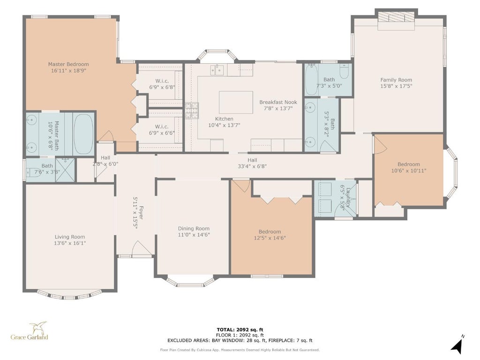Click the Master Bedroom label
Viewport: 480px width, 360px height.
(x=68, y=64)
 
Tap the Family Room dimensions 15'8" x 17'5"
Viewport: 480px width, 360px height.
(x=396, y=86)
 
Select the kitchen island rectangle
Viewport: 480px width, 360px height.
(x=236, y=102)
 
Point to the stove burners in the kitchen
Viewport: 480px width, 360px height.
(x=191, y=111)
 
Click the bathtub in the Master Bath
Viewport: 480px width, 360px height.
(x=84, y=134)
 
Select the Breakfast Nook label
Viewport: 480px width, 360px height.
(x=278, y=102)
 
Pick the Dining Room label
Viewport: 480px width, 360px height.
(x=194, y=228)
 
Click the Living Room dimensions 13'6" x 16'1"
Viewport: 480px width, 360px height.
(x=70, y=243)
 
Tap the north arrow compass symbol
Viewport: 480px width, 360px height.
(x=457, y=344)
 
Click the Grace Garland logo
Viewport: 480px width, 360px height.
(x=30, y=331)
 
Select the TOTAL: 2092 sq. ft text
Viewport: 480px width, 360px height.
(x=240, y=330)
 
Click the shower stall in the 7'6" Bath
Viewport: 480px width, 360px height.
(x=65, y=170)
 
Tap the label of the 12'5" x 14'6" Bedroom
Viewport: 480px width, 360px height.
(x=270, y=232)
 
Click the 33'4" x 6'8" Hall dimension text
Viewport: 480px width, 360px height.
(x=252, y=166)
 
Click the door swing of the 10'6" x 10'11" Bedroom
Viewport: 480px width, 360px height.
(x=381, y=144)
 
